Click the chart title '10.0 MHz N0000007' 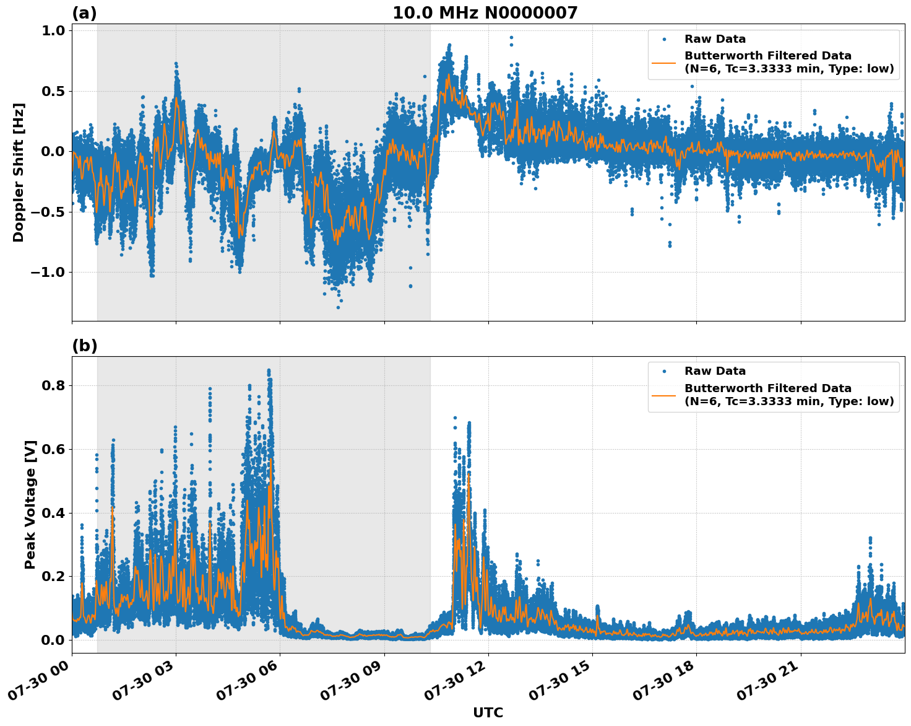pyautogui.click(x=485, y=13)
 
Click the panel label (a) pyautogui.click(x=84, y=13)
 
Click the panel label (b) pyautogui.click(x=84, y=346)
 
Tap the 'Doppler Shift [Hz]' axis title pyautogui.click(x=19, y=172)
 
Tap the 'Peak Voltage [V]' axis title pyautogui.click(x=30, y=504)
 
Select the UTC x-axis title pyautogui.click(x=488, y=713)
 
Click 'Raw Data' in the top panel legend pyautogui.click(x=715, y=39)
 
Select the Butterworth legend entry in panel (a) pyautogui.click(x=788, y=62)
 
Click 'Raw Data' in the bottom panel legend pyautogui.click(x=715, y=371)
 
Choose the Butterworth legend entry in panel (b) pyautogui.click(x=788, y=395)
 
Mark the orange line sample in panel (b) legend pyautogui.click(x=663, y=395)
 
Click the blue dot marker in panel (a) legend pyautogui.click(x=663, y=39)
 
